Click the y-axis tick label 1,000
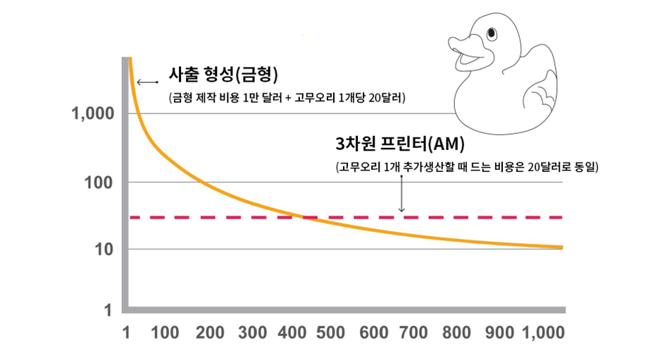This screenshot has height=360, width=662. click(93, 114)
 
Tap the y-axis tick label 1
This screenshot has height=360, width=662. click(108, 310)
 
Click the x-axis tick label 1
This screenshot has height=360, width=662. click(127, 333)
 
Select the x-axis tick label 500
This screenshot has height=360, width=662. click(330, 333)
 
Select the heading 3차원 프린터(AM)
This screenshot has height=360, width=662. click(401, 144)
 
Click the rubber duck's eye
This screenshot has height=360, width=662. click(491, 33)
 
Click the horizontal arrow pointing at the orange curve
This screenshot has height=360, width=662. click(147, 82)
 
